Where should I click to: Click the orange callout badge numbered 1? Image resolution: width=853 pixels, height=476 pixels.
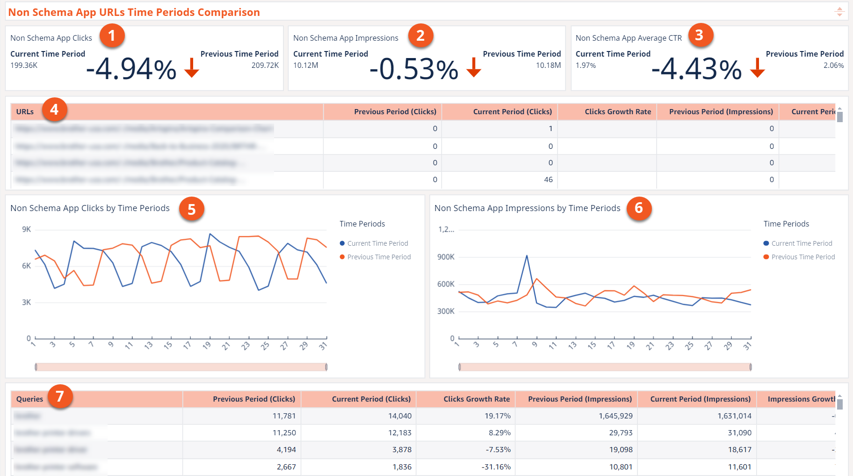click(x=112, y=36)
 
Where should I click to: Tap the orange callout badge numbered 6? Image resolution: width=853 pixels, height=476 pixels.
click(x=639, y=208)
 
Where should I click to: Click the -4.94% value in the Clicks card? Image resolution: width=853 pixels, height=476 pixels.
click(x=131, y=69)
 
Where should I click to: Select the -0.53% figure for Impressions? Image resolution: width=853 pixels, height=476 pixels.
click(x=414, y=69)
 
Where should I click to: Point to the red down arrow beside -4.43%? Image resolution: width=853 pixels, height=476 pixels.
click(x=757, y=68)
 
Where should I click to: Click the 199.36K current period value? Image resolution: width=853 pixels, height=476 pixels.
click(x=24, y=66)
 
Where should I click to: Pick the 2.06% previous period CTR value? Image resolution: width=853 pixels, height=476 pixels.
click(x=833, y=66)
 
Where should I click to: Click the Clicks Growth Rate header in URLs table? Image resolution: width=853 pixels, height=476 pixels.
click(x=617, y=112)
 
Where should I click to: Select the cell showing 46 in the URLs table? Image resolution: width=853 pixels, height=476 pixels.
click(x=548, y=180)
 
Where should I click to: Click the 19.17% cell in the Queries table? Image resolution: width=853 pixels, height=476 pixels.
click(x=498, y=416)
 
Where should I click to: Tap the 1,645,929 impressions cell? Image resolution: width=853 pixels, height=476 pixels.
click(x=615, y=416)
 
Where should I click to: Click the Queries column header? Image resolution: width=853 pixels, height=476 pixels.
click(x=29, y=399)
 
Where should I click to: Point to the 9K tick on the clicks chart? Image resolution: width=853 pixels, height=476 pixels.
click(x=27, y=229)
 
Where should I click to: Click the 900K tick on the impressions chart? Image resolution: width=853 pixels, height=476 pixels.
click(x=446, y=257)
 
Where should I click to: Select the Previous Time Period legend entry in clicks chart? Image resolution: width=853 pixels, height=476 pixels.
click(x=379, y=257)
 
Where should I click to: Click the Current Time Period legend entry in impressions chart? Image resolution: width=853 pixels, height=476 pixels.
click(x=802, y=243)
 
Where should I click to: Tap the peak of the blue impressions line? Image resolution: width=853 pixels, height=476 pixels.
click(x=527, y=256)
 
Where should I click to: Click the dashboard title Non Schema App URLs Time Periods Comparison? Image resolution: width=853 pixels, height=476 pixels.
click(x=134, y=12)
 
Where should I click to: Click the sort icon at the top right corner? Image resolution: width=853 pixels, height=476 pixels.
click(x=839, y=12)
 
